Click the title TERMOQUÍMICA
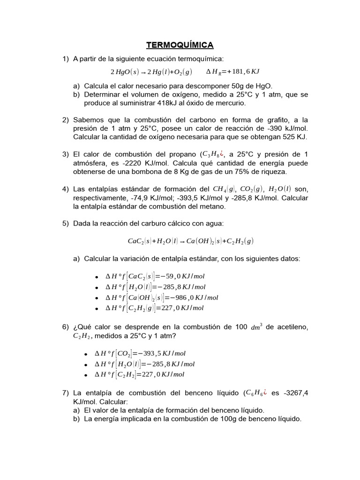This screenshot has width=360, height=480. pos(180,45)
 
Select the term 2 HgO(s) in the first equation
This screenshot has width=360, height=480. pos(124,72)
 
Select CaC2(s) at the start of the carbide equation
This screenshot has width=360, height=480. pos(139,241)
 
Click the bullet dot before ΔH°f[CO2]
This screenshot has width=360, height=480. pos(97,354)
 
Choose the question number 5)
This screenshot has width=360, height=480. pos(66,223)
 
